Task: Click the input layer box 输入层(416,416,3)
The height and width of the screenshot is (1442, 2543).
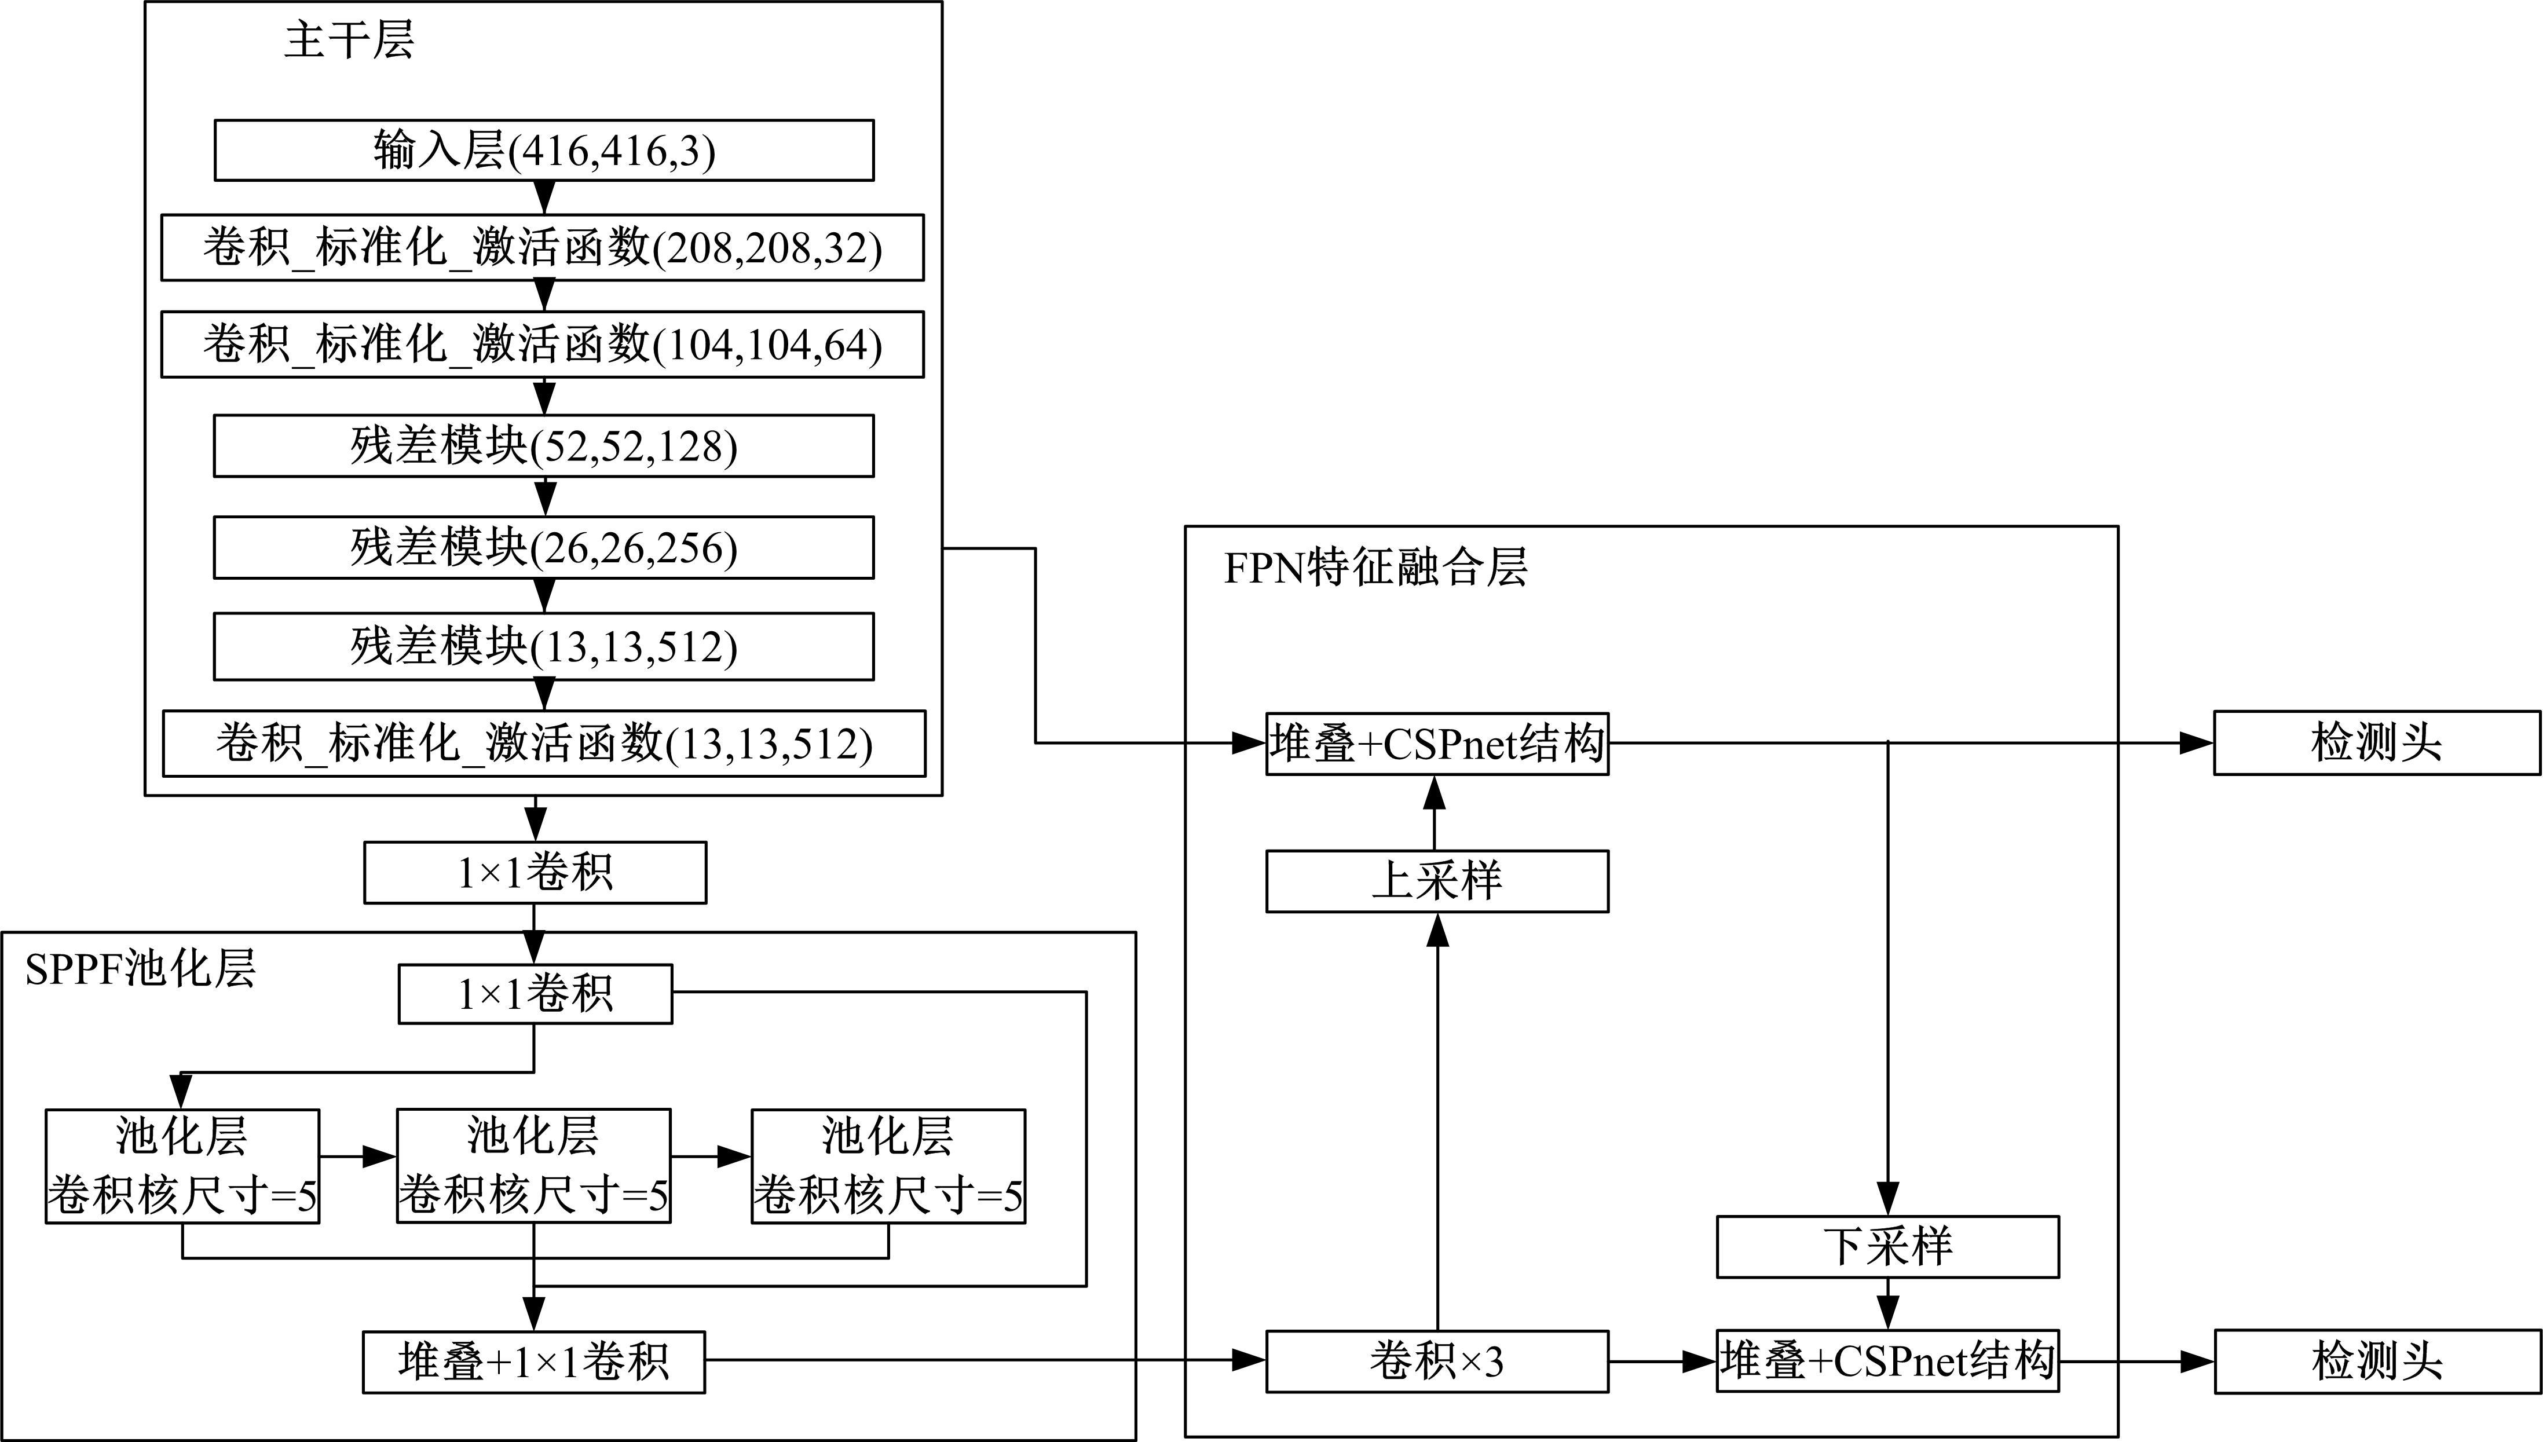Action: (544, 151)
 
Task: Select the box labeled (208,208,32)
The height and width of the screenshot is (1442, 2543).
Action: (543, 248)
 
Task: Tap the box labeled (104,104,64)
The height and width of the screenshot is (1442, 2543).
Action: (543, 345)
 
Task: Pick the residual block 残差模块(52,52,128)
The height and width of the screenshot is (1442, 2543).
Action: (544, 446)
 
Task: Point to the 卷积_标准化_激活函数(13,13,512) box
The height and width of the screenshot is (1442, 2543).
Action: (544, 743)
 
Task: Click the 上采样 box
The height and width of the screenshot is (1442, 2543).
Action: (1437, 880)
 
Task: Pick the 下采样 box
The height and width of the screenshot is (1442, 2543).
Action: (1887, 1247)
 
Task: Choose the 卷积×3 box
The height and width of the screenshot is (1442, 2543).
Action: (1437, 1362)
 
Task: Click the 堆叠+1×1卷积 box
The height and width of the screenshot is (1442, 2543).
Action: (534, 1362)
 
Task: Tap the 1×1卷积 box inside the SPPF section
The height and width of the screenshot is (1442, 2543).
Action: (535, 994)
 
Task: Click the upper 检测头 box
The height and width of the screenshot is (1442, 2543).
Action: (2377, 743)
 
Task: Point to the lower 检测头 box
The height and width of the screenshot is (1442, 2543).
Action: (2377, 1362)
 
